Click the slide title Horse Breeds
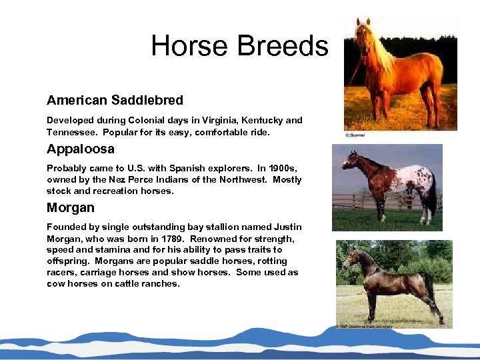[239, 46]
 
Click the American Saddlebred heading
[115, 101]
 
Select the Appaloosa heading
[81, 149]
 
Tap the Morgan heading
[71, 207]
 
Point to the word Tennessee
[72, 132]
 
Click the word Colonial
[144, 121]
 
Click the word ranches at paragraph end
[161, 284]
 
